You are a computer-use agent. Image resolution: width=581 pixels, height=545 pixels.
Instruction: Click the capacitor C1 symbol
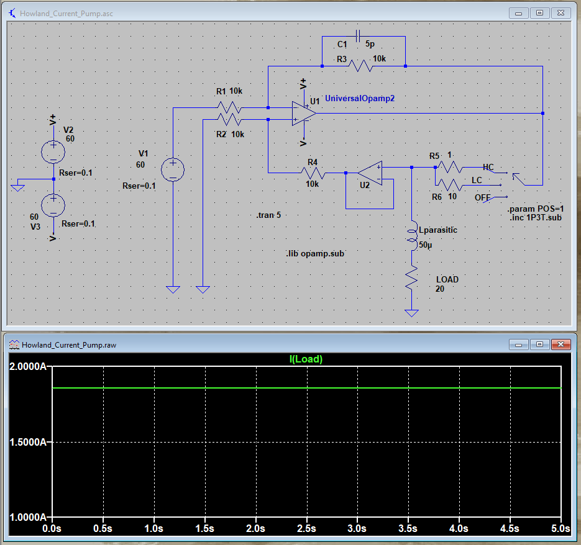pyautogui.click(x=357, y=37)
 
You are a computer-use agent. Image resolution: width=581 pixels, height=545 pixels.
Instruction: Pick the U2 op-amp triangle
pyautogui.click(x=370, y=173)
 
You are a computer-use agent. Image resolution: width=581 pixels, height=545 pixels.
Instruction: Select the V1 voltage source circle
pyautogui.click(x=173, y=169)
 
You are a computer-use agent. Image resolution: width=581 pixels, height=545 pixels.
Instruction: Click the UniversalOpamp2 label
pyautogui.click(x=360, y=98)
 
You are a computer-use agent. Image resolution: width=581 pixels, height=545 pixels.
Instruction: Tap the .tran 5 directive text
pyautogui.click(x=268, y=215)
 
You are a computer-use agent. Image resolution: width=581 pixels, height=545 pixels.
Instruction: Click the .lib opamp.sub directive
pyautogui.click(x=314, y=254)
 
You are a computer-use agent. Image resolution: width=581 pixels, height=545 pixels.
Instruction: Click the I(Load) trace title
pyautogui.click(x=306, y=359)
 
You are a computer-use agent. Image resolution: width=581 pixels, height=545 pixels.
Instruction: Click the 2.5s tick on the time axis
pyautogui.click(x=306, y=528)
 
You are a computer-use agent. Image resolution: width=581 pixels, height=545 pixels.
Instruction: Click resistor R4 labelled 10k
pyautogui.click(x=313, y=173)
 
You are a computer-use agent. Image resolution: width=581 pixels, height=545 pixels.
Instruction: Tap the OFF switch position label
pyautogui.click(x=483, y=197)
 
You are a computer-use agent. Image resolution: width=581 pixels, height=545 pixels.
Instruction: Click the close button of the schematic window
pyautogui.click(x=561, y=12)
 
